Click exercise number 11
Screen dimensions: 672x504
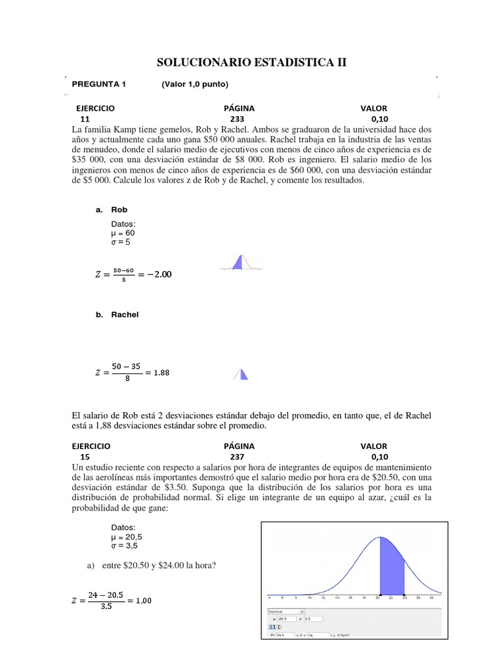click(85, 119)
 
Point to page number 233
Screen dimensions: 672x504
click(238, 119)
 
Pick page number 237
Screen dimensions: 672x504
click(238, 457)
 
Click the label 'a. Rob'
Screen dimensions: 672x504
click(112, 210)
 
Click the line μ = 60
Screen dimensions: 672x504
click(123, 232)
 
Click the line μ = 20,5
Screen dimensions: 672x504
click(127, 536)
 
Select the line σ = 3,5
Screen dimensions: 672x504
click(125, 545)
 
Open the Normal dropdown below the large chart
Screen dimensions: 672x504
click(287, 611)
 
